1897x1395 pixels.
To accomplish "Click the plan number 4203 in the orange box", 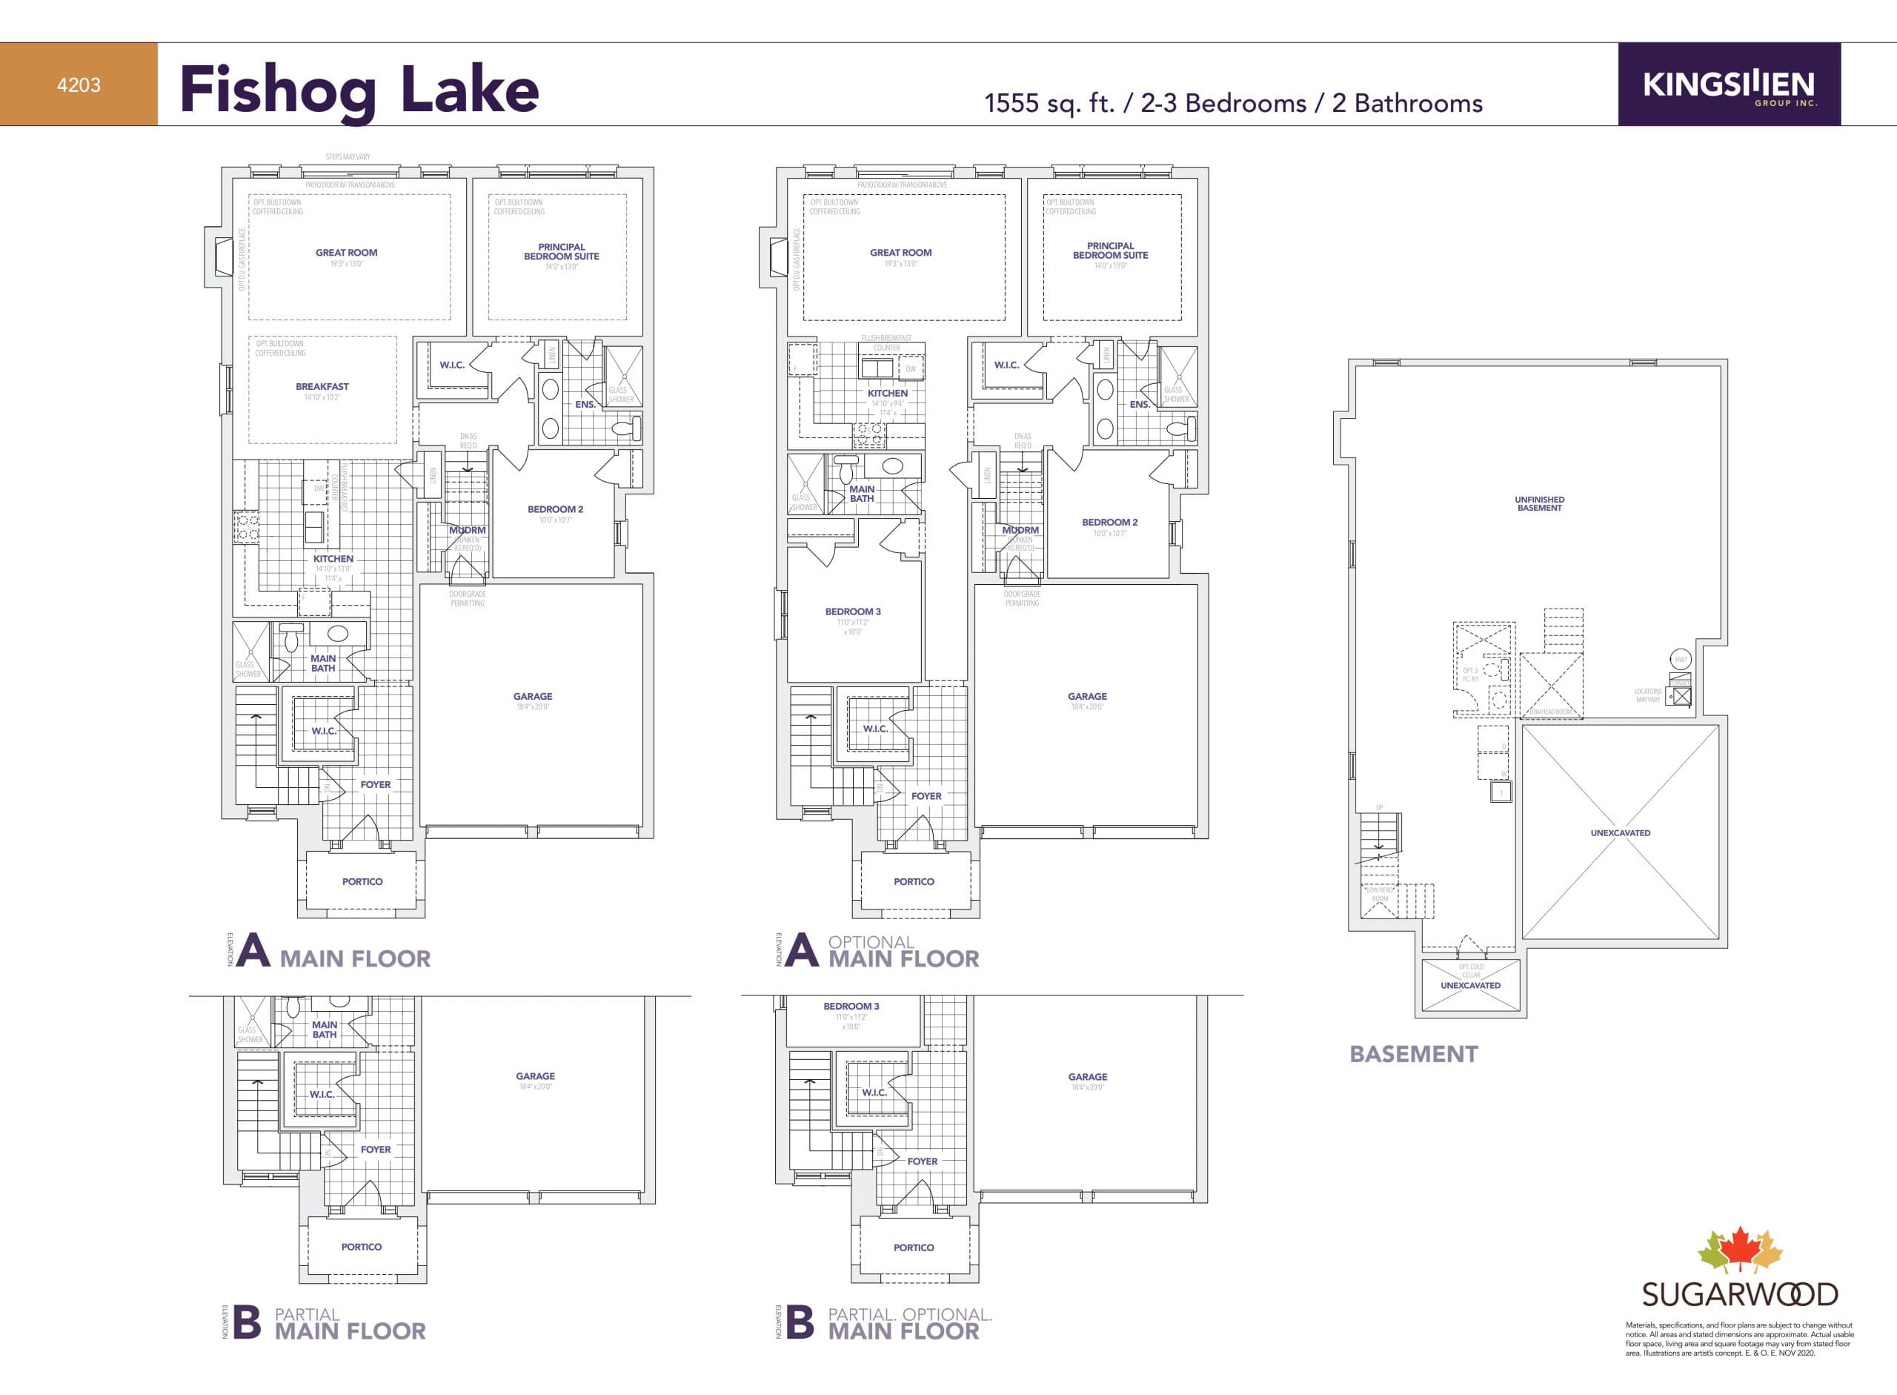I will [x=79, y=85].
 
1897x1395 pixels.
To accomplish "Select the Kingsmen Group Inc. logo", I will [x=1728, y=85].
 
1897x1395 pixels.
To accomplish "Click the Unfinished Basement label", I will [x=1539, y=503].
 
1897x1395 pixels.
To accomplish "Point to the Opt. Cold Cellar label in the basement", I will [x=1471, y=970].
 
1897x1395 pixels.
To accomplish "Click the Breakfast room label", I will [x=322, y=387].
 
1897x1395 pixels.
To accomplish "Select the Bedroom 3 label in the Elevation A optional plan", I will [x=853, y=612].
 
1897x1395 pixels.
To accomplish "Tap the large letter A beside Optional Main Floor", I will [x=801, y=952].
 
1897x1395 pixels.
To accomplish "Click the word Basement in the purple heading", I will [x=1413, y=1054].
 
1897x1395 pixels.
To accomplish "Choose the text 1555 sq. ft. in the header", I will [x=1050, y=103].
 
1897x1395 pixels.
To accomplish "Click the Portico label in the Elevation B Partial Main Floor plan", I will [x=362, y=1246].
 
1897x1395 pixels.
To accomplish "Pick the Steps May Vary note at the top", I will [x=348, y=157].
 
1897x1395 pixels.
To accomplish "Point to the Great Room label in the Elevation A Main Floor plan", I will [x=346, y=253].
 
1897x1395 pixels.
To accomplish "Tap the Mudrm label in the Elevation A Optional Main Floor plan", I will [x=1020, y=530].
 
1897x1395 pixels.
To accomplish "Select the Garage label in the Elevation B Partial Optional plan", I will [x=1086, y=1077].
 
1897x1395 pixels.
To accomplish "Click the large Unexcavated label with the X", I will [x=1619, y=832].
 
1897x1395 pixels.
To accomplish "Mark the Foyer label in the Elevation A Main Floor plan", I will [x=376, y=784].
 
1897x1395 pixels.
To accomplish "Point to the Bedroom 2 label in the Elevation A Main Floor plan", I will [x=555, y=509].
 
